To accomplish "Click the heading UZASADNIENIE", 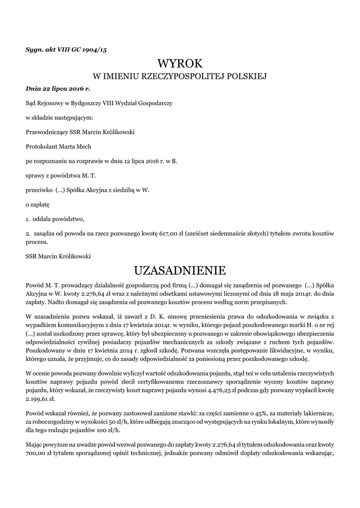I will [180, 270].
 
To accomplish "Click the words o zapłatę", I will [37, 203].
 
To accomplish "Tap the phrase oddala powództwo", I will [59, 218].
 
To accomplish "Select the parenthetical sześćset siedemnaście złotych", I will [227, 233].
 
